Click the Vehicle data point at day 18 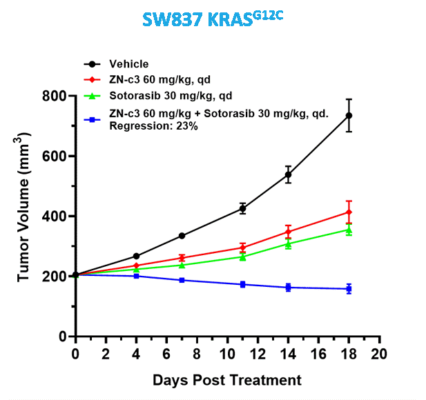coord(349,115)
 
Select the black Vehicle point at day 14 coord(288,174)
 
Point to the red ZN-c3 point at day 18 coord(349,212)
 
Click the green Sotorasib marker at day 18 coord(349,230)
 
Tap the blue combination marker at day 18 coord(349,289)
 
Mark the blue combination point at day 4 coord(137,276)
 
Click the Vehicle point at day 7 coord(182,236)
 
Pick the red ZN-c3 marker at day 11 coord(242,248)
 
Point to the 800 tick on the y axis coord(58,96)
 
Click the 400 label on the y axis coord(58,217)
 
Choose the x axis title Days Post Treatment coord(226,380)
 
